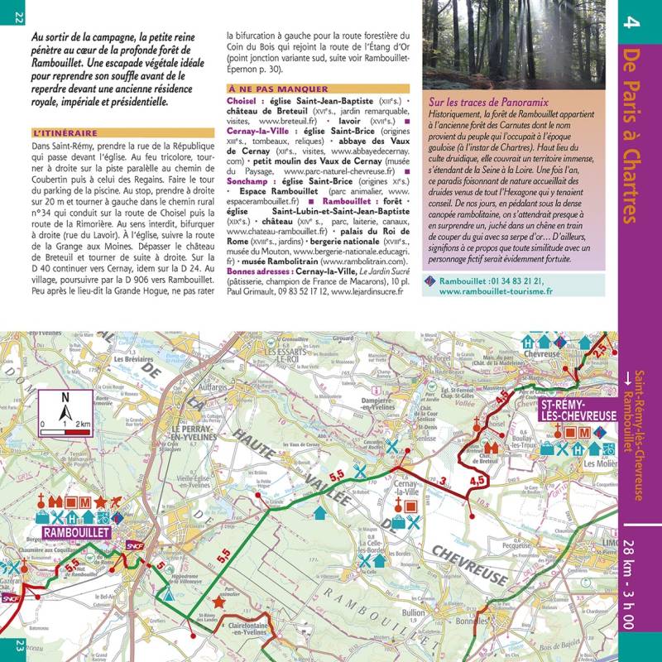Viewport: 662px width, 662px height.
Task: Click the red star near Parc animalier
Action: tap(219, 602)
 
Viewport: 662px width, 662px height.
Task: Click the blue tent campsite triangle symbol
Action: tap(169, 592)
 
